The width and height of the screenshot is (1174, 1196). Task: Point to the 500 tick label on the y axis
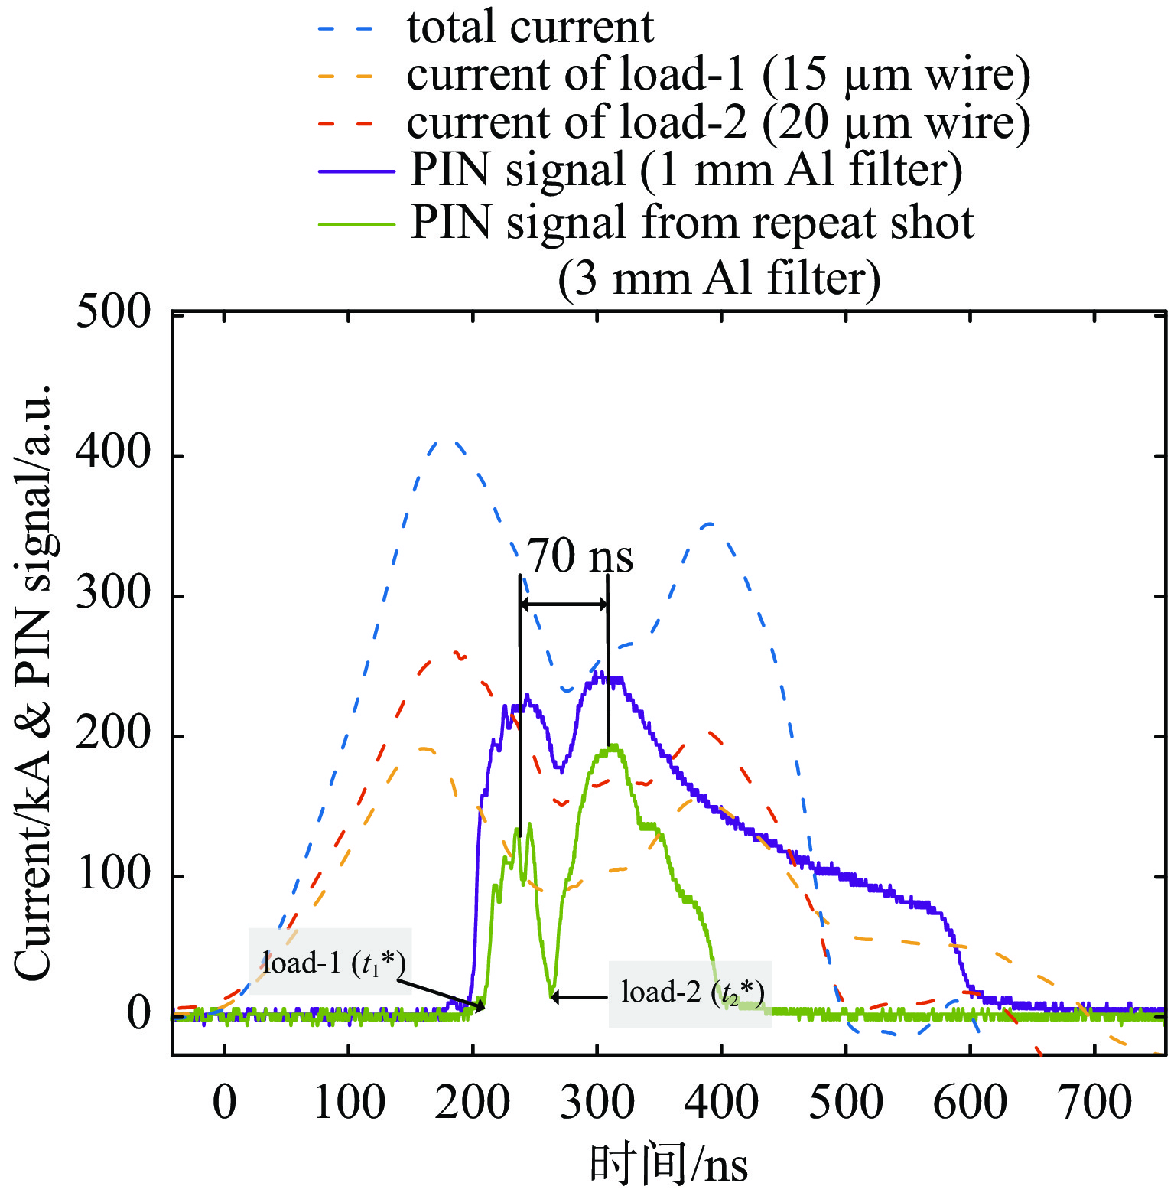tap(114, 311)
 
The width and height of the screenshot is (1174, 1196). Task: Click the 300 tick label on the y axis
tap(114, 594)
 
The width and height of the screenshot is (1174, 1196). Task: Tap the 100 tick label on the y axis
tap(114, 875)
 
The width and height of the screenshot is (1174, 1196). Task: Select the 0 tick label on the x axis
tap(224, 1103)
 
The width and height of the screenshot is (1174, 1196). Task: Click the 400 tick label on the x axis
tap(721, 1103)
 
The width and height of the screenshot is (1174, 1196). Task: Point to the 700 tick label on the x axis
tap(1094, 1103)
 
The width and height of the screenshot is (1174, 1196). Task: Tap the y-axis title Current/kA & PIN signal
tap(34, 681)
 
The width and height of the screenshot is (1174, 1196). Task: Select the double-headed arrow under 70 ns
tap(564, 605)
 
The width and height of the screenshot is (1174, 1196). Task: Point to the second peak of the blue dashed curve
tap(711, 524)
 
